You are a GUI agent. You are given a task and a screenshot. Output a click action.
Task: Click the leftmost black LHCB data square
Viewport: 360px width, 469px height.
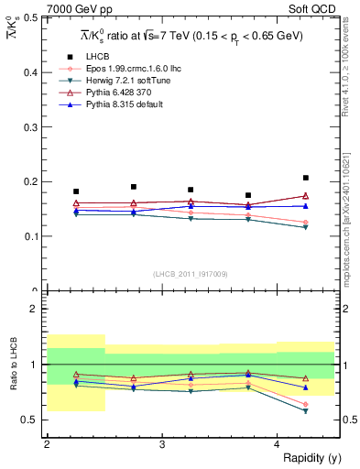click(76, 191)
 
